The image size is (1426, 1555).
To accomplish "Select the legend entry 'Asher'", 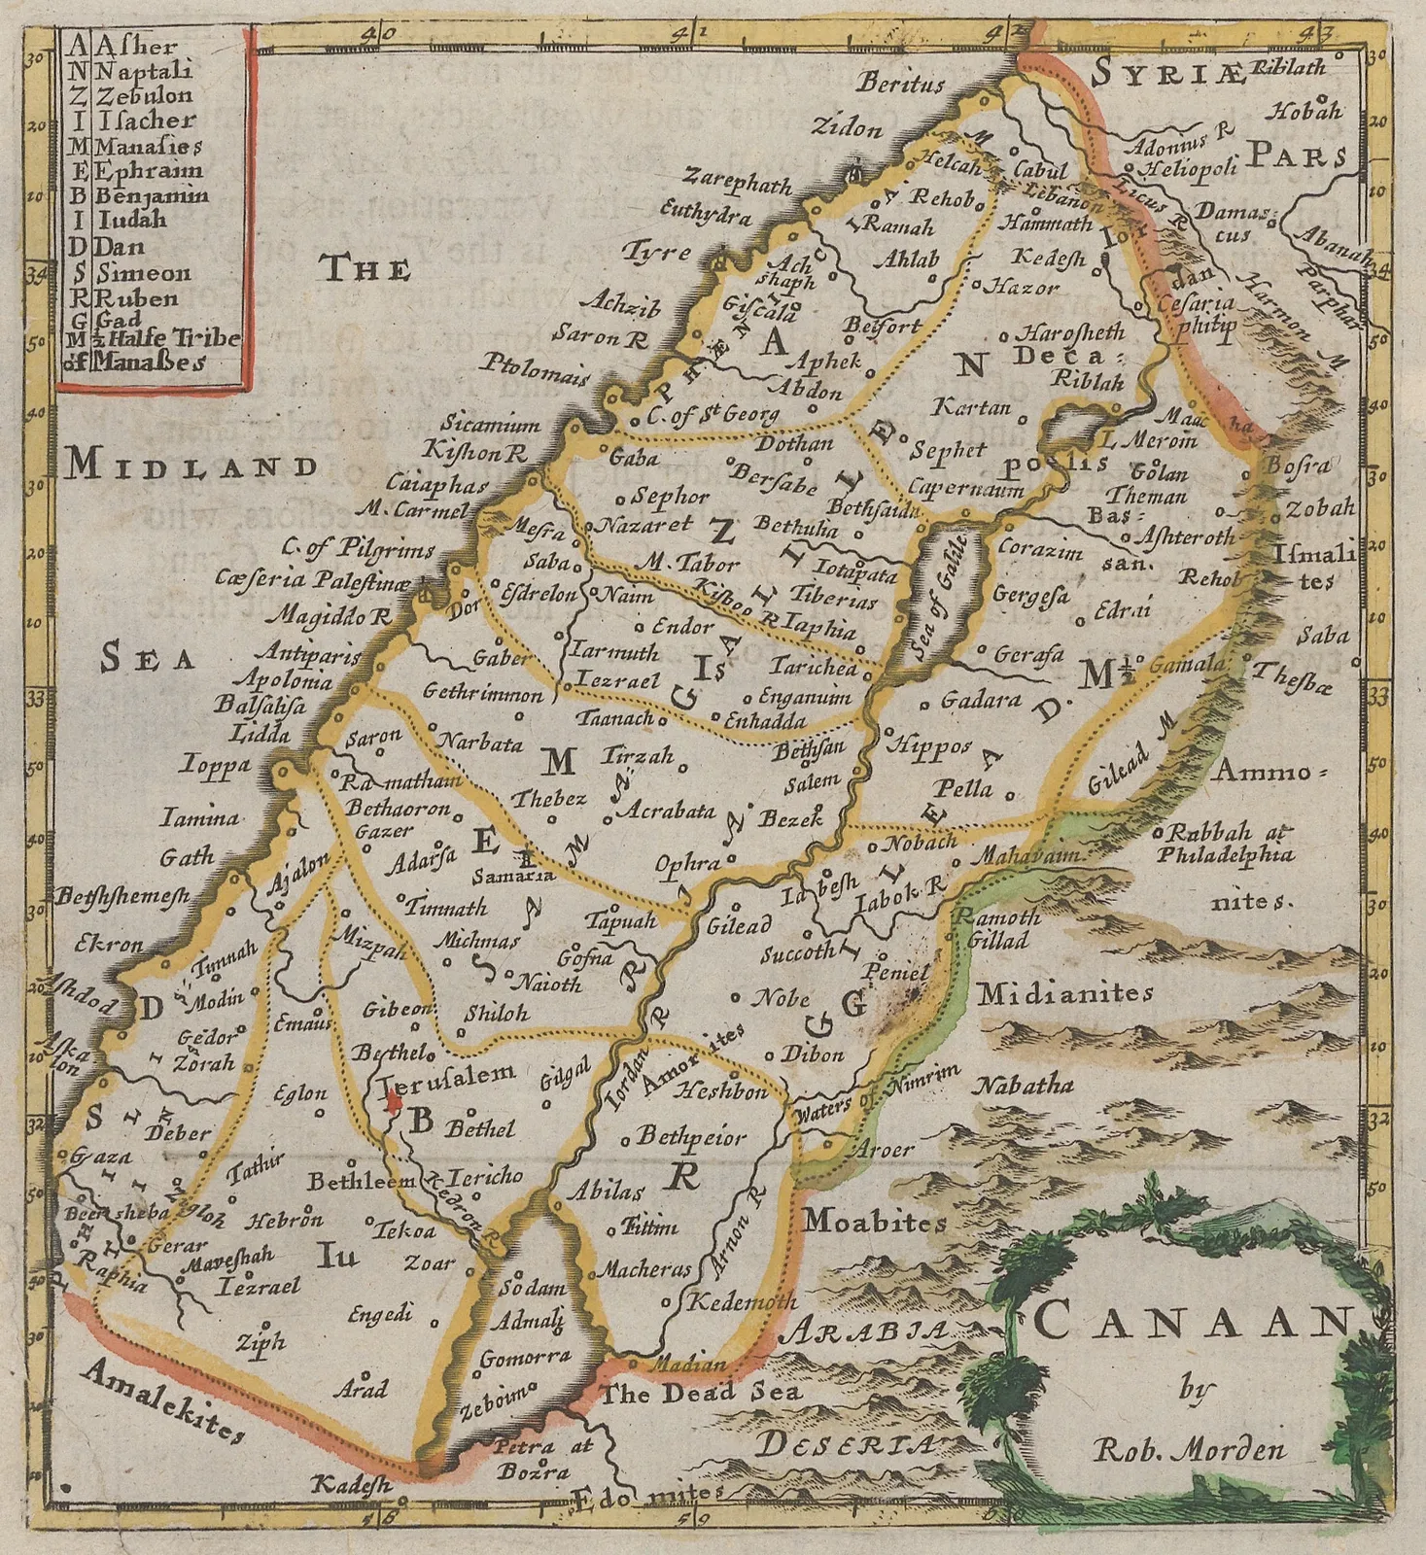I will click(136, 45).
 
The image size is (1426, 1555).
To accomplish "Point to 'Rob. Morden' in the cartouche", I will click(1189, 1451).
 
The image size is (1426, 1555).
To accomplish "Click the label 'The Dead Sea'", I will click(703, 1393).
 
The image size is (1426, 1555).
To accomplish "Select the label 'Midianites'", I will click(1065, 993).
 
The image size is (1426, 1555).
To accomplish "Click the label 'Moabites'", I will click(875, 1221).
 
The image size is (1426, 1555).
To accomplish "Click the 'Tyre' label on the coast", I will click(657, 253).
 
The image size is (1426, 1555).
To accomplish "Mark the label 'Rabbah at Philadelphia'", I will click(1225, 844).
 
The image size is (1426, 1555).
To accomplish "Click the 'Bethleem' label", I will click(362, 1181).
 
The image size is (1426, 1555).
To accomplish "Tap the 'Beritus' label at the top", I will click(900, 84).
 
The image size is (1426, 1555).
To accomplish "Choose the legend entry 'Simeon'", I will click(143, 273).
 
